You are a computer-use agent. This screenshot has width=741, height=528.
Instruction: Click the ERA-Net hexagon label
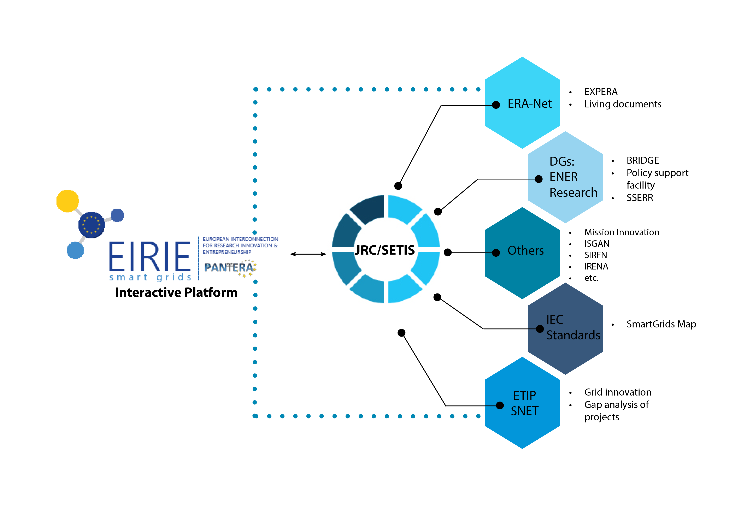coord(529,104)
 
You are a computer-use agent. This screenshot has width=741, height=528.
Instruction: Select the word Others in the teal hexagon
coord(525,251)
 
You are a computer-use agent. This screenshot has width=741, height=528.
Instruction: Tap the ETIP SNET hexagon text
coord(524,403)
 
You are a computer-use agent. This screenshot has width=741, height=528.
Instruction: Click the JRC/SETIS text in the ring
coord(385,250)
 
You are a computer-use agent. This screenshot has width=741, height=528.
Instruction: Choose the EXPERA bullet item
coord(601,92)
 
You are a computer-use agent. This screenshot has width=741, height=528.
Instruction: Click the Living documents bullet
coord(623,104)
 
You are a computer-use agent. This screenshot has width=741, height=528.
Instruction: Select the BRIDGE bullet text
coord(642,160)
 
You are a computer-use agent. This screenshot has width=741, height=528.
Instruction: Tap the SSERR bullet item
coord(640,198)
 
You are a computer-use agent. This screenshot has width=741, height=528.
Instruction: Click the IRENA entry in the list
coord(596,266)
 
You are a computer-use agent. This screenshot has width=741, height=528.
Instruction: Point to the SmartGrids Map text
coord(661,324)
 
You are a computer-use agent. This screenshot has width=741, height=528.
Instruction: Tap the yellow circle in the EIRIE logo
coord(68,201)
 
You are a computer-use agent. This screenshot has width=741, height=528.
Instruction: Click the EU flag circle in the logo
coord(92,225)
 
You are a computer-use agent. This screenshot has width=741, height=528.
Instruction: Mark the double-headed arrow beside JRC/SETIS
coord(308,254)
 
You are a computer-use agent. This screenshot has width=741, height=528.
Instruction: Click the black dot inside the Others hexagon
coord(496,253)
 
